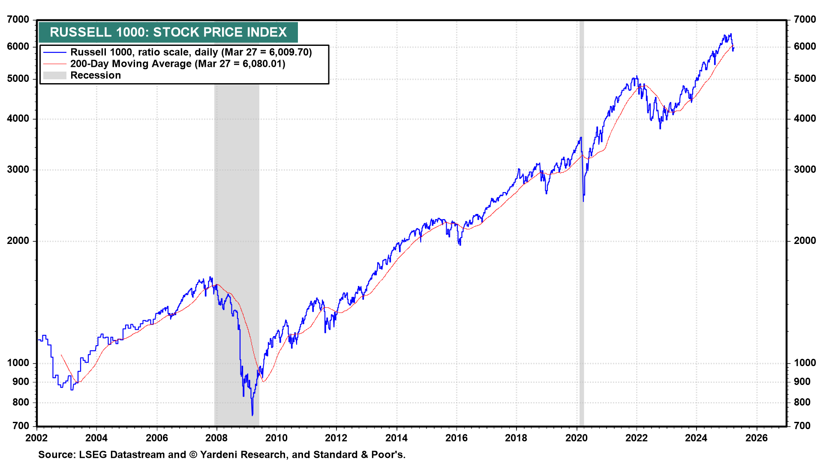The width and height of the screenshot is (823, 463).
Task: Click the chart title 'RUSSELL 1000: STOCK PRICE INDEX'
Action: tap(168, 32)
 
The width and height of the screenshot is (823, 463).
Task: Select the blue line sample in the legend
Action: tap(55, 52)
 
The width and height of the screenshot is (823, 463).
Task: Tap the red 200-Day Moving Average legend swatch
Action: tap(55, 64)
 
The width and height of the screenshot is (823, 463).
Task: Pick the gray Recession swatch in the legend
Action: tap(55, 75)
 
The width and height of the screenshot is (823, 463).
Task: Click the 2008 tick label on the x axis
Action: tap(216, 438)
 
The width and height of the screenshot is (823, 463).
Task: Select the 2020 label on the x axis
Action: tap(577, 438)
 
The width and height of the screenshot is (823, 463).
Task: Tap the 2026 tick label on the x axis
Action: tap(757, 438)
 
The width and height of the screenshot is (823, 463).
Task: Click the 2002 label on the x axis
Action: tap(36, 438)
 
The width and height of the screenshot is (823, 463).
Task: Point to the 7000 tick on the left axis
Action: tap(18, 20)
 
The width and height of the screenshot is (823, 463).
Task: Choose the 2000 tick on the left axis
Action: tap(18, 241)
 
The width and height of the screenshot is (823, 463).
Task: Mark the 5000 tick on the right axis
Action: tap(805, 79)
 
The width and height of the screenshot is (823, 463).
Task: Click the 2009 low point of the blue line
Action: tap(252, 415)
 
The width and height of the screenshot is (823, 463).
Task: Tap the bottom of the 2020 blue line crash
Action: tap(583, 201)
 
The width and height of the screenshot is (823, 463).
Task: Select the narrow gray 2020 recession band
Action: tap(581, 257)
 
